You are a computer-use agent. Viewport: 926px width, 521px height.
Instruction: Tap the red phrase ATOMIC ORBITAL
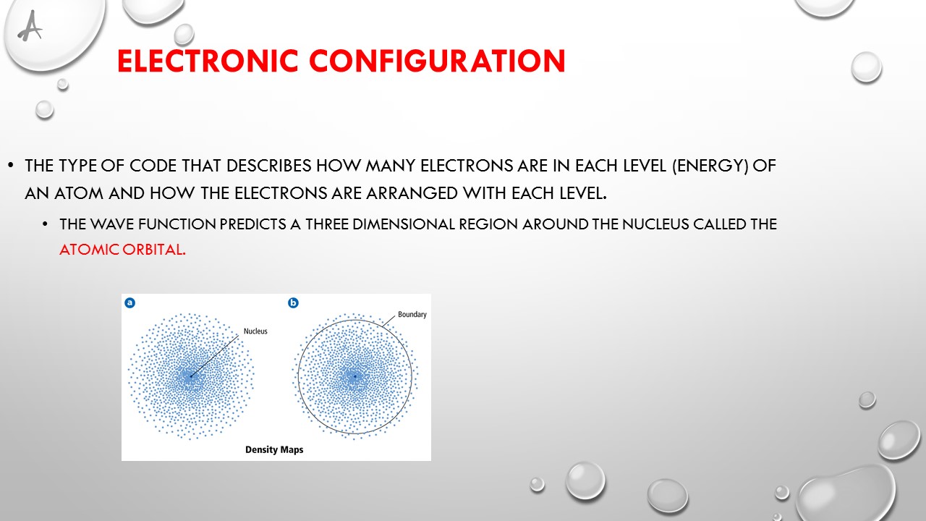(122, 250)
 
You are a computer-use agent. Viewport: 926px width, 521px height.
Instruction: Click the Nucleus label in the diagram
(255, 331)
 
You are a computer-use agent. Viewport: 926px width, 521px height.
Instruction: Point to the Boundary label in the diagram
(412, 315)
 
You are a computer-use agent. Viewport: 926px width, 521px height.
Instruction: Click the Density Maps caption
(274, 450)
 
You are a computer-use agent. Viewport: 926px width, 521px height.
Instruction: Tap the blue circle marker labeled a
(130, 303)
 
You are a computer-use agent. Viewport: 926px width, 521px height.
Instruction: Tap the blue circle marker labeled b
(294, 303)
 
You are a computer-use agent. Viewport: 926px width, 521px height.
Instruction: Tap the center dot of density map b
(355, 376)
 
